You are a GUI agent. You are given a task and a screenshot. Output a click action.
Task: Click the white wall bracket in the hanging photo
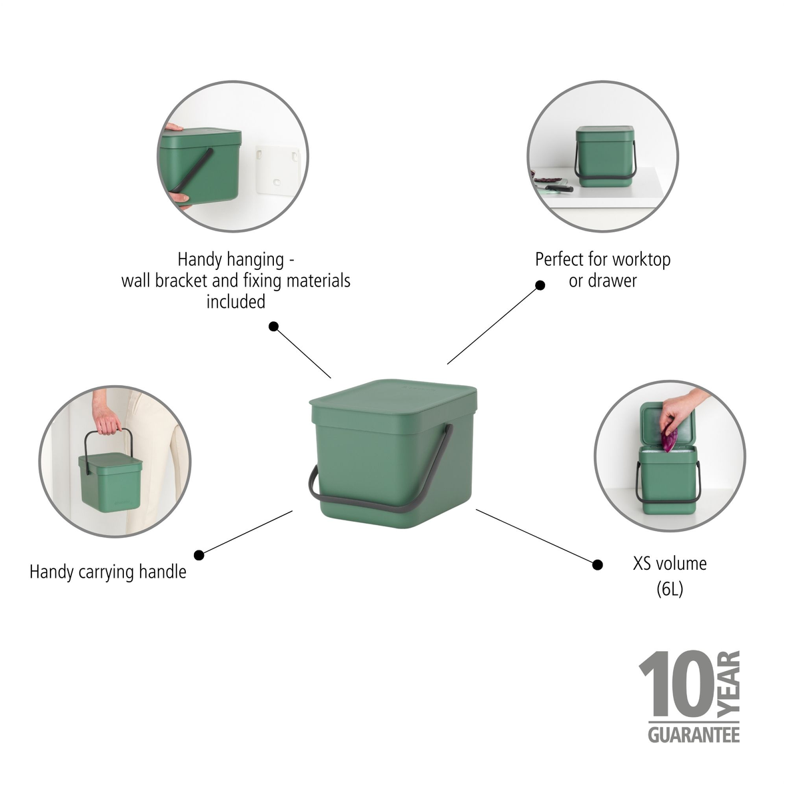coord(279,170)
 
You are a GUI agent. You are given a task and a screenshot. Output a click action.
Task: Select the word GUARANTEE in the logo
coord(693,734)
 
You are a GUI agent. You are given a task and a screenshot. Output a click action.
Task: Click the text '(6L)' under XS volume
coord(670,589)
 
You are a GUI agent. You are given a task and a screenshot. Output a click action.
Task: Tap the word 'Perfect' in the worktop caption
coord(559,259)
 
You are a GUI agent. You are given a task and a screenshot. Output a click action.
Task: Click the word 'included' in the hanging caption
coord(235,302)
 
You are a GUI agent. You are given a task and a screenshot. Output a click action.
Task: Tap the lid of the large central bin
coord(393,397)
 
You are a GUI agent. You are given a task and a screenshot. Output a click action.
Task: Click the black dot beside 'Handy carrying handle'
coord(199,555)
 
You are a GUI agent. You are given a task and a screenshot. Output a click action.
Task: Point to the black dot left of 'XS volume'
coord(597,564)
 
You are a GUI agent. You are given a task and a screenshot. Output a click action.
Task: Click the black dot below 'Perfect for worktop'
coord(540,285)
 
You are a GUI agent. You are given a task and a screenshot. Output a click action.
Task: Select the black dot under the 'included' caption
coord(273,327)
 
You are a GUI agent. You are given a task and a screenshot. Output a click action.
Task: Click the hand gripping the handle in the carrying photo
coord(105,422)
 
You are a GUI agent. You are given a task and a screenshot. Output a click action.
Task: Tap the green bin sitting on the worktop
coord(604,157)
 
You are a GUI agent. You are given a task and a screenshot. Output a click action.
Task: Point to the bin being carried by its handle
coord(111,481)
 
